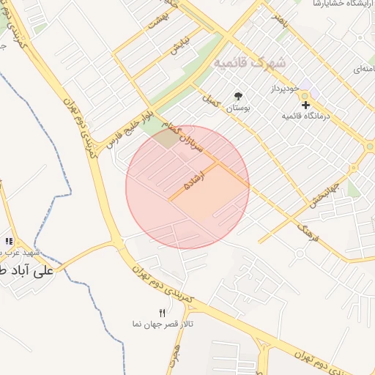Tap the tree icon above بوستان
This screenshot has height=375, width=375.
click(238, 96)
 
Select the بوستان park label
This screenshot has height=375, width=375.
click(238, 108)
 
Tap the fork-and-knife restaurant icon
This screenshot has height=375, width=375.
click(163, 313)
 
